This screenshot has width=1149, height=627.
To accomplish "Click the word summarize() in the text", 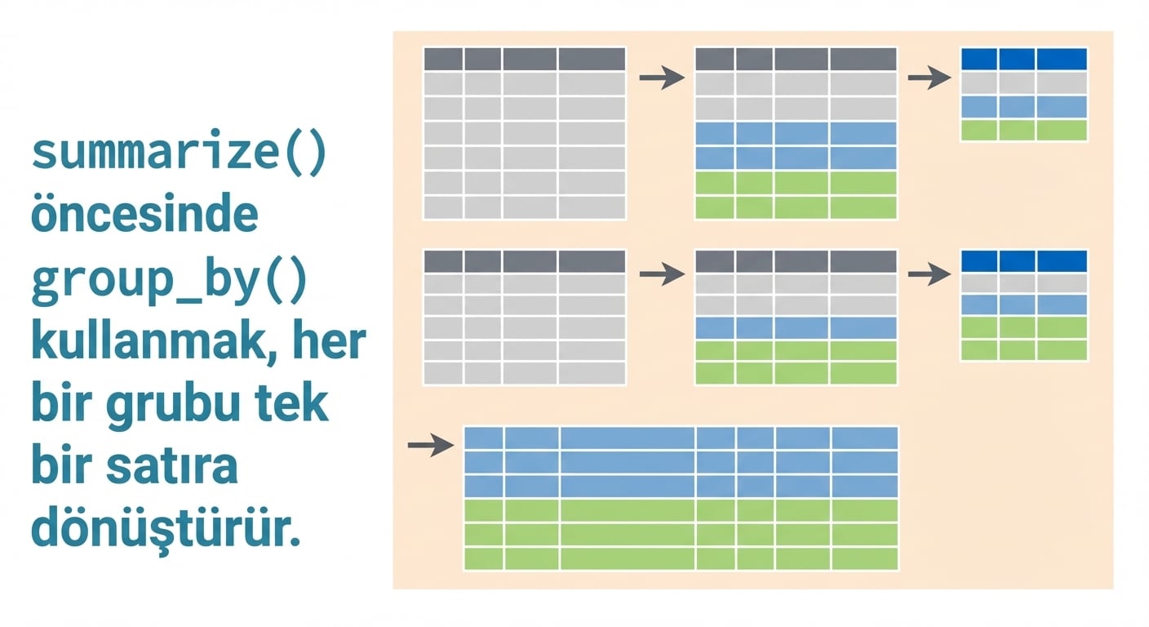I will (x=178, y=154).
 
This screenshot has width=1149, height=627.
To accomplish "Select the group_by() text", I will (x=169, y=281).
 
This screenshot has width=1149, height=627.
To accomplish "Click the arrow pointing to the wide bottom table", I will (x=430, y=445).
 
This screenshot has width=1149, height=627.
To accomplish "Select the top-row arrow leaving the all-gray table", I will (x=661, y=78).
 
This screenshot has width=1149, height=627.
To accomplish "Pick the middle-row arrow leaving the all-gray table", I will (x=661, y=274).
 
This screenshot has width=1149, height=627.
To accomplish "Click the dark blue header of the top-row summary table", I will (x=1023, y=59).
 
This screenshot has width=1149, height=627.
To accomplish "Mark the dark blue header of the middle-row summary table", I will (x=1023, y=260).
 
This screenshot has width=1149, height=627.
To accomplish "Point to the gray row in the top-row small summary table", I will (x=1023, y=82).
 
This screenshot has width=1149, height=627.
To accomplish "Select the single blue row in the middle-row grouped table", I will (x=796, y=328).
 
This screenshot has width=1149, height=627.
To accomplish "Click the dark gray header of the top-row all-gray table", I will (x=524, y=59).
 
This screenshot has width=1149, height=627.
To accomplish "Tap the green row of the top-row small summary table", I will (x=1023, y=131).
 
